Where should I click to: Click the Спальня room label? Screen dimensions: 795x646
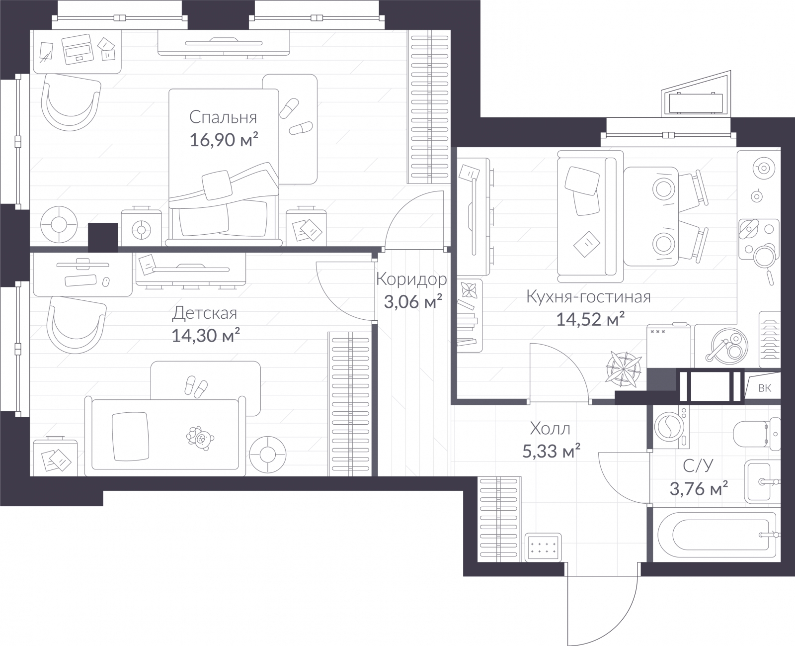[223, 117]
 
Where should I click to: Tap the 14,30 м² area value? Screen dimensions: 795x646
[206, 335]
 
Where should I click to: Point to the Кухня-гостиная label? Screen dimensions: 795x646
[588, 297]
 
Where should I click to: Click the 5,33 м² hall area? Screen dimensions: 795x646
[551, 451]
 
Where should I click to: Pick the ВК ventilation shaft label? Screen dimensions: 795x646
[765, 388]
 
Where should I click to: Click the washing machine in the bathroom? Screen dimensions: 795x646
[671, 427]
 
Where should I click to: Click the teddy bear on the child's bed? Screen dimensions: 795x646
[200, 438]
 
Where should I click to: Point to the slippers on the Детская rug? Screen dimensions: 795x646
[196, 386]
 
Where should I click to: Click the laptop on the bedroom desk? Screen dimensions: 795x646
[78, 49]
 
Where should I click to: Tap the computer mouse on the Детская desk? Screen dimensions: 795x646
[106, 281]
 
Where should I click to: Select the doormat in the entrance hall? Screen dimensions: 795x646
[543, 547]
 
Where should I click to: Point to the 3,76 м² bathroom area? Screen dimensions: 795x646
[699, 488]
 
